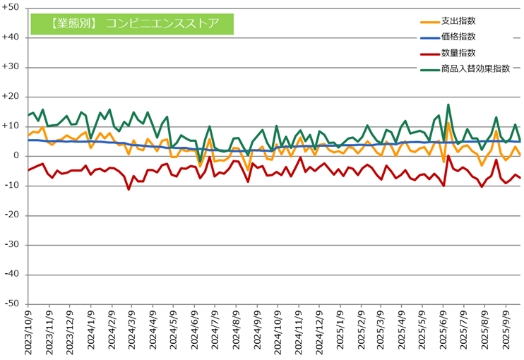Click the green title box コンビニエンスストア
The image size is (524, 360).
[x=132, y=23]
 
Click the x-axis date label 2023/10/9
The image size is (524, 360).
[x=31, y=331]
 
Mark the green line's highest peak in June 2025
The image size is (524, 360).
[x=448, y=105]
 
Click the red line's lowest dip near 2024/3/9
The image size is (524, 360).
[x=129, y=189]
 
